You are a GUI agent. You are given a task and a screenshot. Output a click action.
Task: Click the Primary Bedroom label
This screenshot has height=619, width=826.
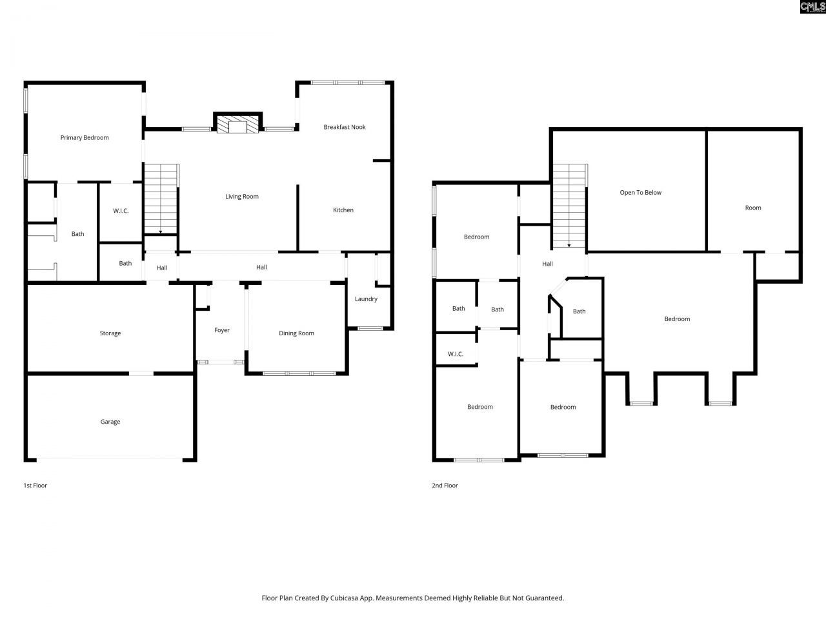(85, 137)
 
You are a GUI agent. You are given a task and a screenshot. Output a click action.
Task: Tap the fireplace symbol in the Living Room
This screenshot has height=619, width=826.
(237, 124)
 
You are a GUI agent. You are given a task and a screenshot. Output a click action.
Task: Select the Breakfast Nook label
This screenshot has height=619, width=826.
(345, 127)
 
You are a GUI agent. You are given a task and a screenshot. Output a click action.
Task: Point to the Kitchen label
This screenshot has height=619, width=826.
(343, 210)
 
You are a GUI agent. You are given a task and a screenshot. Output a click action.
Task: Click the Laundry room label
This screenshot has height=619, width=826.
(366, 299)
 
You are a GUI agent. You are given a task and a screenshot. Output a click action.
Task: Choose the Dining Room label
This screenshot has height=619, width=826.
(296, 333)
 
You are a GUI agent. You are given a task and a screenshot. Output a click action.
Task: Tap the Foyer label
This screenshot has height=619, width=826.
(222, 330)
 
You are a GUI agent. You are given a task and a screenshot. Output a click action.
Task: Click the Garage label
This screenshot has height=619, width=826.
(110, 422)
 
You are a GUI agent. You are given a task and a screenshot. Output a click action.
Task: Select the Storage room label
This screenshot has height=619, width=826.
(110, 333)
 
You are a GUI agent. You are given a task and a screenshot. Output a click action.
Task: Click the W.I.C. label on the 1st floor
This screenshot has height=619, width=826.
(121, 211)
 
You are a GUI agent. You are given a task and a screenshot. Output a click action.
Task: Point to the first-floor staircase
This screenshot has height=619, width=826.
(161, 199)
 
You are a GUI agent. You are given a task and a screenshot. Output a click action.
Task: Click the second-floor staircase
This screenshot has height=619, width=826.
(569, 205)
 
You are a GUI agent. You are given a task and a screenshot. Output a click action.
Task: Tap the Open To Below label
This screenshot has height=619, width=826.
(640, 192)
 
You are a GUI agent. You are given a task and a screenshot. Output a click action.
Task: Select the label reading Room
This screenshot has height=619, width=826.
(753, 208)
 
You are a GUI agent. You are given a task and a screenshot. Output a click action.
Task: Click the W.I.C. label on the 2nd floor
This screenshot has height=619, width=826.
(456, 354)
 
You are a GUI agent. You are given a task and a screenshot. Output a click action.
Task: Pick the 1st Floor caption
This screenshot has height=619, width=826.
(35, 486)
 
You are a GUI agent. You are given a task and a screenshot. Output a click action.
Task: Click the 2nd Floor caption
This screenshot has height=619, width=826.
(445, 486)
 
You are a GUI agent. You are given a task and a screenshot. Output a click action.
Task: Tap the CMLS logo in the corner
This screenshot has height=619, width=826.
(812, 6)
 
